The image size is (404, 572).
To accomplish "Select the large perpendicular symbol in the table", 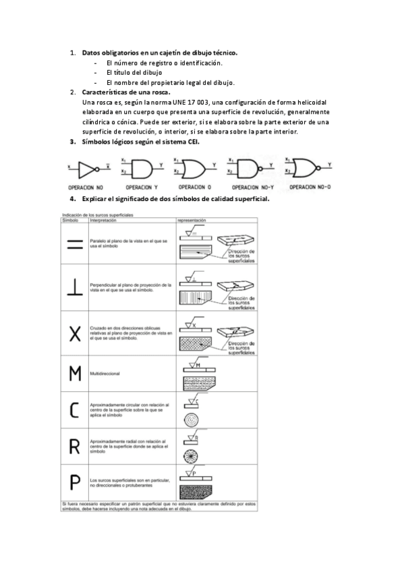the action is pyautogui.click(x=75, y=288).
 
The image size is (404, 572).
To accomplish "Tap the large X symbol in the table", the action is pyautogui.click(x=75, y=334).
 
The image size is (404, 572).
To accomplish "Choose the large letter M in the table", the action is pyautogui.click(x=75, y=372).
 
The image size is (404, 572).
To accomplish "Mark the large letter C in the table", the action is pyautogui.click(x=75, y=409).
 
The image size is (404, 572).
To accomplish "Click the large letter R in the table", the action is pyautogui.click(x=75, y=445).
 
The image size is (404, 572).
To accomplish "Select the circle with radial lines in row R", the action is pyautogui.click(x=192, y=455).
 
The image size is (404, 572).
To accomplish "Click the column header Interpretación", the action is pyautogui.click(x=103, y=221).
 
